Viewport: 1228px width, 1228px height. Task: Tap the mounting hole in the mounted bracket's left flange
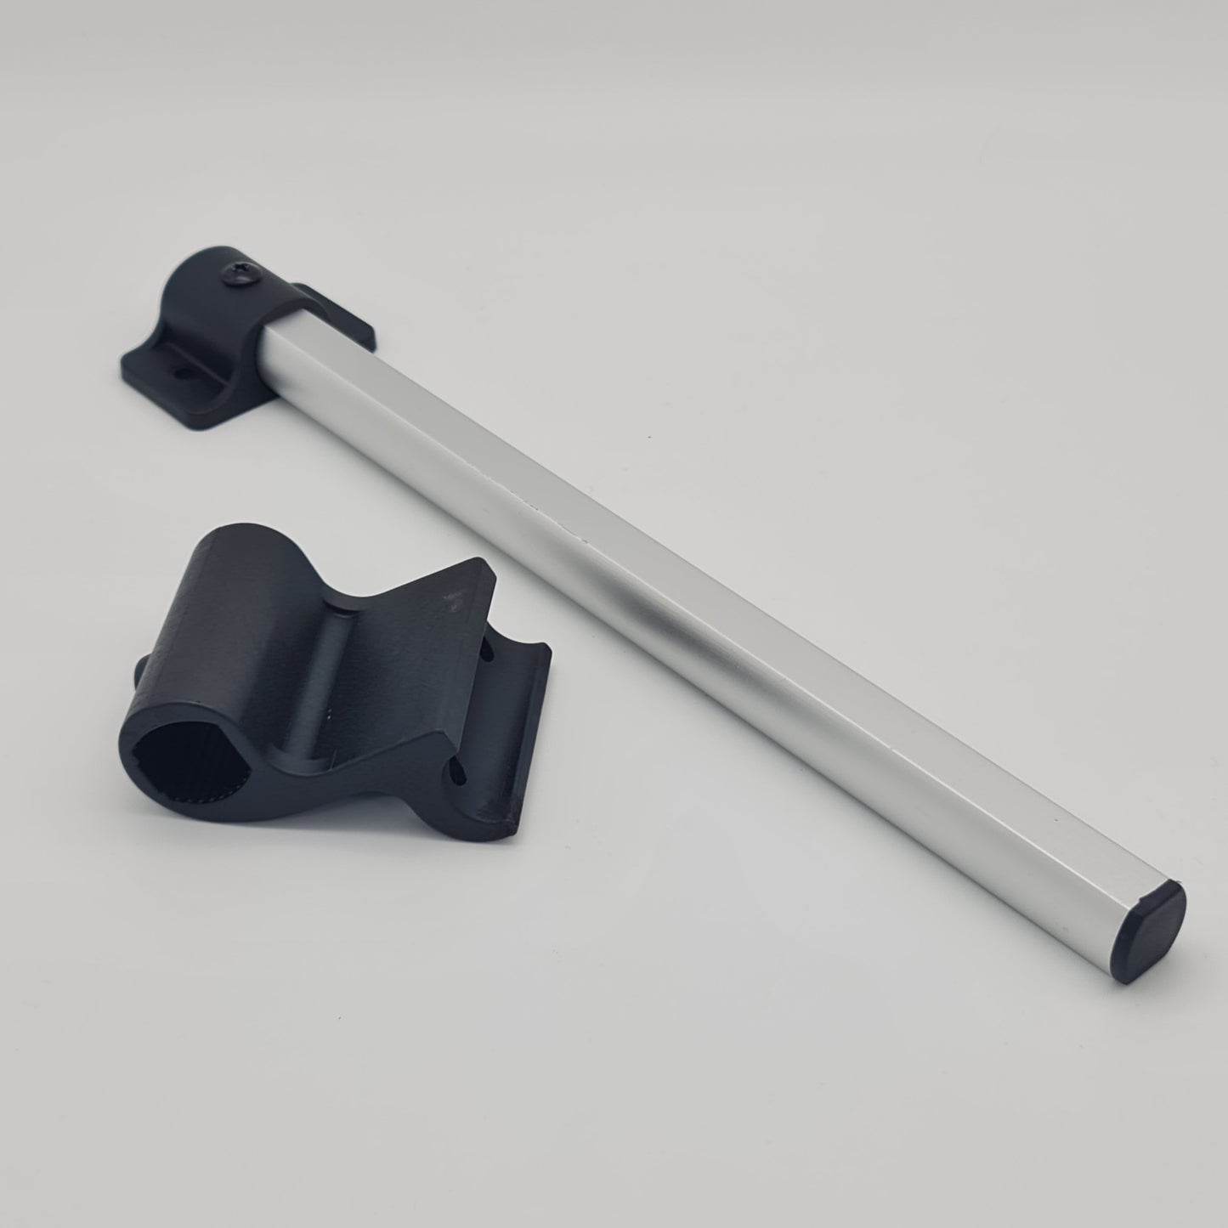point(180,371)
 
